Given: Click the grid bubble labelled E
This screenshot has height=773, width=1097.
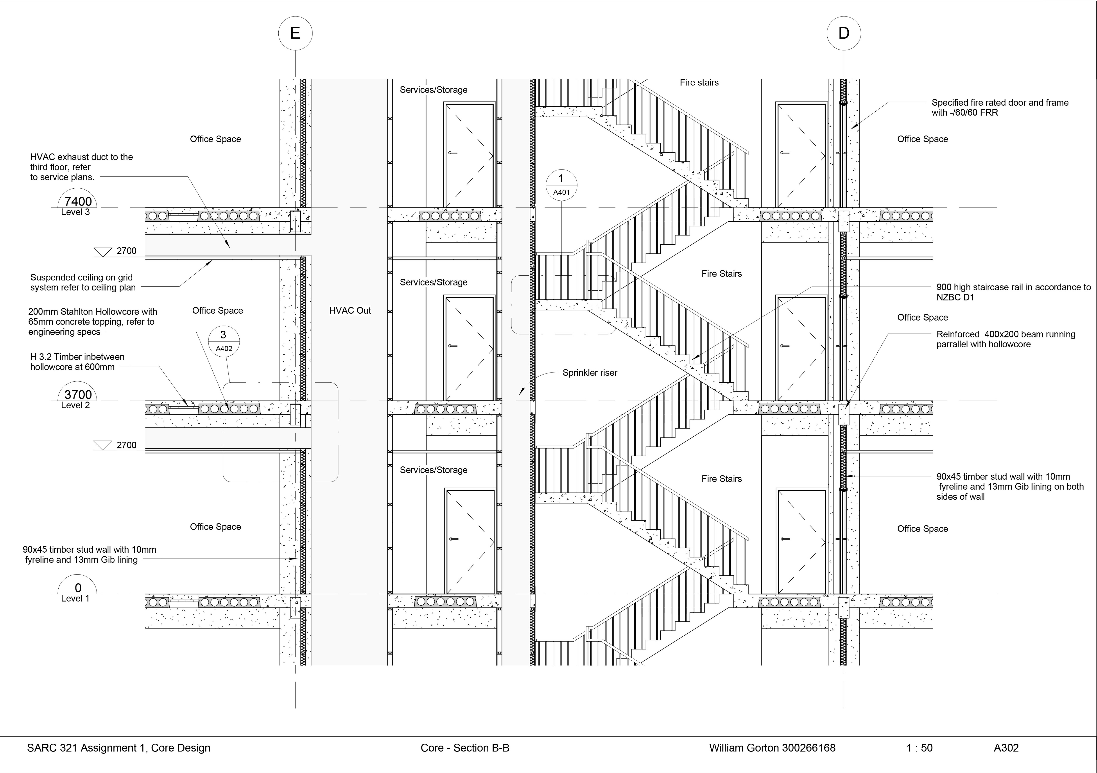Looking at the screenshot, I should pyautogui.click(x=295, y=33).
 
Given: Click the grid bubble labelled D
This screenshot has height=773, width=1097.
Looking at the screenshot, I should pyautogui.click(x=844, y=33).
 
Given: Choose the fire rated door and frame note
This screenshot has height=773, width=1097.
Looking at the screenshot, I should pyautogui.click(x=1000, y=107).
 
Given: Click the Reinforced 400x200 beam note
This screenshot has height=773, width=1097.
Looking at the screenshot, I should pyautogui.click(x=1005, y=339).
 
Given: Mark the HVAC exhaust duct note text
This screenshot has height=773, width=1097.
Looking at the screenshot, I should pyautogui.click(x=81, y=167).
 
